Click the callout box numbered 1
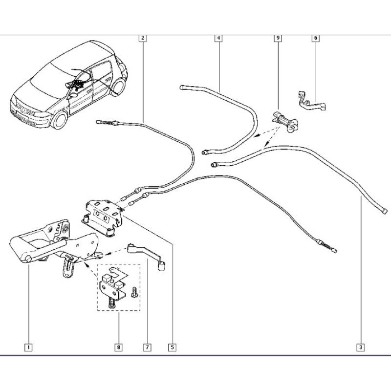28,347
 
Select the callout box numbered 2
143,38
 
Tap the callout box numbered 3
361,347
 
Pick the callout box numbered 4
218,38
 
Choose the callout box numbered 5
173,347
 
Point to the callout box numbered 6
316,38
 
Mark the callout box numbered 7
148,347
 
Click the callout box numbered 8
118,347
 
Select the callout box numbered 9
278,38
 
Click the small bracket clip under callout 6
311,102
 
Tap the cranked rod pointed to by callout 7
148,257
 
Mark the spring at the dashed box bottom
111,304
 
